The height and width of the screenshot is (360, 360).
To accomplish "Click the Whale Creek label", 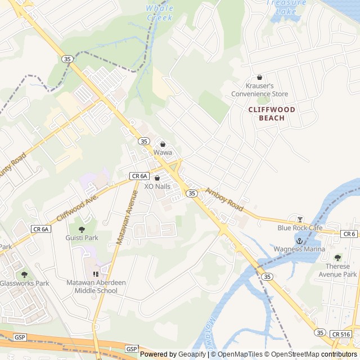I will (x=160, y=13).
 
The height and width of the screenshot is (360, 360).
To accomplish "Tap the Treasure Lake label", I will (x=287, y=7).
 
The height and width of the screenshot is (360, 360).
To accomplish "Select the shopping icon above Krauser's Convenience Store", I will (x=259, y=77).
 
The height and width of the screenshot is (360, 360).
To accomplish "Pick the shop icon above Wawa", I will (x=163, y=144).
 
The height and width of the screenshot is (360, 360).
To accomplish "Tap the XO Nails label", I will (x=157, y=186).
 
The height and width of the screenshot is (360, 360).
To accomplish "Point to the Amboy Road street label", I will (x=224, y=200).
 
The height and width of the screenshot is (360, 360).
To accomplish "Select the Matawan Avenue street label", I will (x=127, y=217).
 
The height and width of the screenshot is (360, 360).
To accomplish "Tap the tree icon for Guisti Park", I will (x=82, y=229).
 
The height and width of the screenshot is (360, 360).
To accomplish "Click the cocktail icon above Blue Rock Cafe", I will (x=300, y=219).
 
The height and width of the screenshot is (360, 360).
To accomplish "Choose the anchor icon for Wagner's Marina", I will (x=299, y=240).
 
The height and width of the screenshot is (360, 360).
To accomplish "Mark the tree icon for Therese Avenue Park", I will (x=337, y=258).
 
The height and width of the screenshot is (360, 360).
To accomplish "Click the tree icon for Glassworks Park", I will (x=24, y=274).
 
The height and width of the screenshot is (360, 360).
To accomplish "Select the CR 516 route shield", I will (x=341, y=334).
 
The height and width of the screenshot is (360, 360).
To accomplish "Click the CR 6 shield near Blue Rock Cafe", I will (x=349, y=233).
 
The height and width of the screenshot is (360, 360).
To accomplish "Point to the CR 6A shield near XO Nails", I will (x=139, y=176).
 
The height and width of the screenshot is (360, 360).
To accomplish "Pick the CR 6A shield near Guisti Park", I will (x=41, y=229).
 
